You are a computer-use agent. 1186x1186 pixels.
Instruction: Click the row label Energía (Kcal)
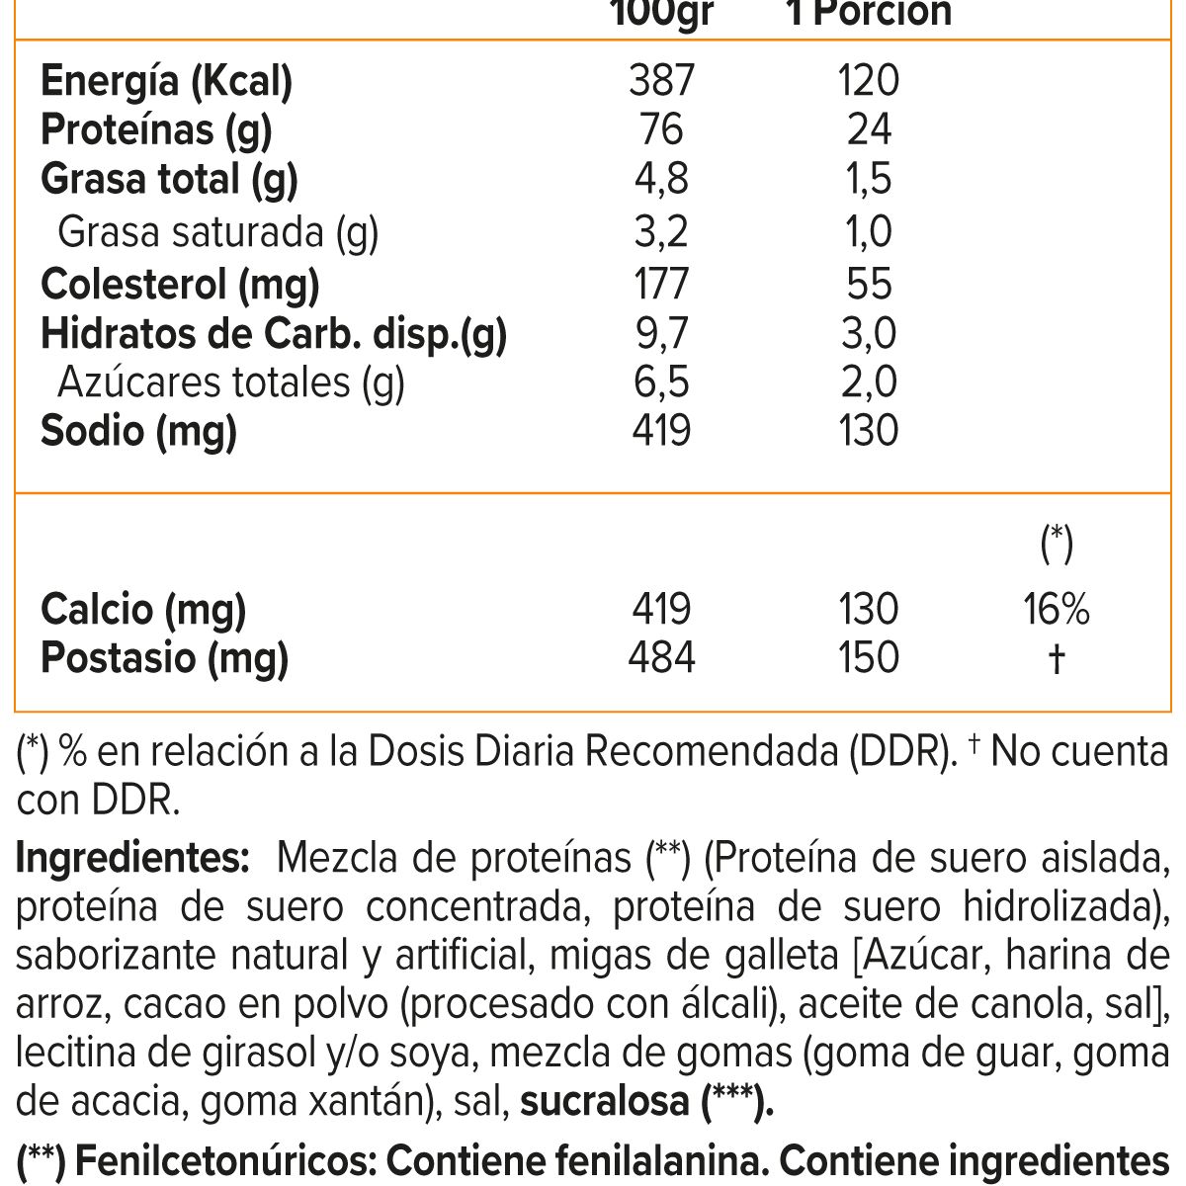[167, 81]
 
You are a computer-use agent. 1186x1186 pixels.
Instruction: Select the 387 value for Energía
[661, 81]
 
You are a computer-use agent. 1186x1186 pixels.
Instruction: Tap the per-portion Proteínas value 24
[869, 129]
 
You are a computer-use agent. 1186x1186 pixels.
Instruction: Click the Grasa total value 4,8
[661, 179]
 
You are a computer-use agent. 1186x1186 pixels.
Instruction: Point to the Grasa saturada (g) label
[218, 232]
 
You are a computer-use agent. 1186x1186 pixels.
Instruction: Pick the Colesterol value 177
[661, 284]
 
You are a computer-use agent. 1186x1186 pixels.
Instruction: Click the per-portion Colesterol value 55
[869, 284]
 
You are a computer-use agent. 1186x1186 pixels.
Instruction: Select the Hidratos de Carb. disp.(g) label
[274, 334]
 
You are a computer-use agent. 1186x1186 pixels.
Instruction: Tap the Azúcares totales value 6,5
[661, 382]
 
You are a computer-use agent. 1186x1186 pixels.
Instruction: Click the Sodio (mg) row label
[139, 431]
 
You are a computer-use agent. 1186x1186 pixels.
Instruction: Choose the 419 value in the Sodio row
[661, 431]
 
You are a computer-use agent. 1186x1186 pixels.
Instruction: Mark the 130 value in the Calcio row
[869, 609]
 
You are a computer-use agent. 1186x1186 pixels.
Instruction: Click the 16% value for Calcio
[1057, 609]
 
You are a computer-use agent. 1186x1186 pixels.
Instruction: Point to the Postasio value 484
[661, 657]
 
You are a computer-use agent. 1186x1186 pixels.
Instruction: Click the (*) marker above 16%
[1057, 543]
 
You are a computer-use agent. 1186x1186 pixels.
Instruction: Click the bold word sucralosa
[604, 1101]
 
